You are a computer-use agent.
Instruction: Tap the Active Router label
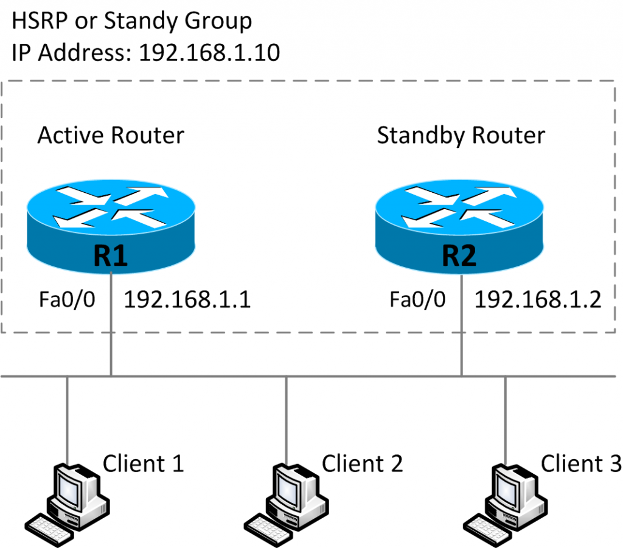point(110,134)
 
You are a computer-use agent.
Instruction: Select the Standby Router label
point(461,135)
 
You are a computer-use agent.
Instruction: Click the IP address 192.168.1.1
point(187,299)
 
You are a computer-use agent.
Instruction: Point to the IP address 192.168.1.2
point(537,299)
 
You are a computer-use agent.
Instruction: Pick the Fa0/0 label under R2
point(418,300)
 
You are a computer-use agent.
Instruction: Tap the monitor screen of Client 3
point(504,487)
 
